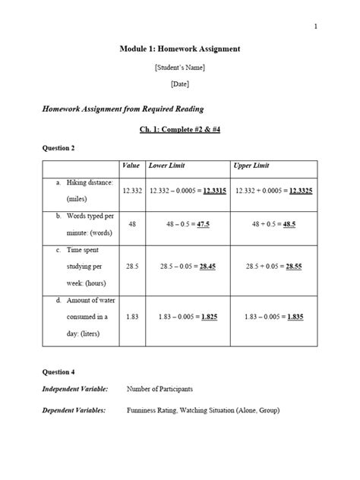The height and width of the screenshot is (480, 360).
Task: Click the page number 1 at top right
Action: click(x=315, y=27)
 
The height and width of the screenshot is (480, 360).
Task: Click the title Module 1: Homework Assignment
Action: click(x=180, y=49)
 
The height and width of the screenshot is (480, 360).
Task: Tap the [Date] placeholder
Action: click(x=180, y=85)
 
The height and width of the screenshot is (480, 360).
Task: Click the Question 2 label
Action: click(x=58, y=147)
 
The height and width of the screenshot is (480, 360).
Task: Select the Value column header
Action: click(x=131, y=166)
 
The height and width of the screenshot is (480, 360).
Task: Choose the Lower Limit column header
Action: click(x=167, y=166)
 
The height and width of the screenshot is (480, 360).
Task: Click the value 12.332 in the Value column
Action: click(x=132, y=190)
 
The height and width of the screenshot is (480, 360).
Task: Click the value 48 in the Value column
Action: click(x=132, y=225)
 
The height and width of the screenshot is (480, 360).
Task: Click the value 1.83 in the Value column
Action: click(x=132, y=316)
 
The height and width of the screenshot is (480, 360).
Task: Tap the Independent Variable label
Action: click(x=74, y=389)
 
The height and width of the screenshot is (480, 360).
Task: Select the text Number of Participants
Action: click(x=159, y=389)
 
